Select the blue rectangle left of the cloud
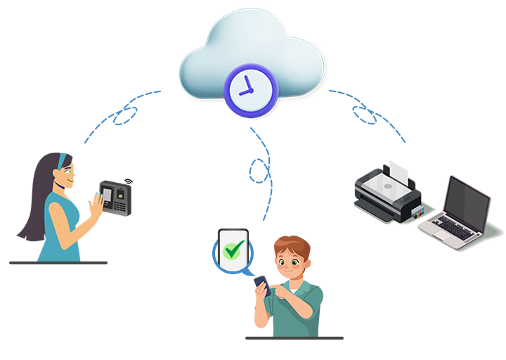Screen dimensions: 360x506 coord(122,117)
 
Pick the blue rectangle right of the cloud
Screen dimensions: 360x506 coord(367,116)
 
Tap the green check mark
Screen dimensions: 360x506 coord(233,249)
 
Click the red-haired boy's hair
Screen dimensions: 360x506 coord(288,245)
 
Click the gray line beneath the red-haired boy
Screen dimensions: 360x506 coord(294,338)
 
